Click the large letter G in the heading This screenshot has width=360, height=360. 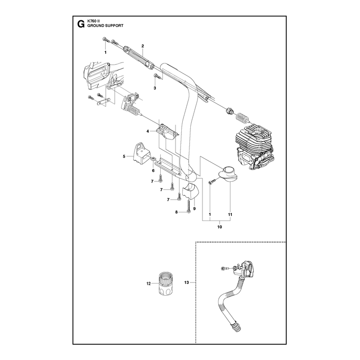81,24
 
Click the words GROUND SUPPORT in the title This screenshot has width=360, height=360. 105,26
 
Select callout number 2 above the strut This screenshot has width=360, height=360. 143,46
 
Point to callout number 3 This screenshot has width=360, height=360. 155,88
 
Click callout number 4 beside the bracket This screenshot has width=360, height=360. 148,131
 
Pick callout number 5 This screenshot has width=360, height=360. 124,156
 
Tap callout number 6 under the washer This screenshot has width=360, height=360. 153,171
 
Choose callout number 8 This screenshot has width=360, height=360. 176,212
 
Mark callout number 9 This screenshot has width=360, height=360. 194,208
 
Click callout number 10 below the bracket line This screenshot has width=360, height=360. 220,227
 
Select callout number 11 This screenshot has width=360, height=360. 230,215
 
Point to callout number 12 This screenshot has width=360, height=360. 148,283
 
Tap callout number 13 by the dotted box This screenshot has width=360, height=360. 186,282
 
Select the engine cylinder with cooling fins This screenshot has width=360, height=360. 254,148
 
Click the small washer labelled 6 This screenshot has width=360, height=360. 153,159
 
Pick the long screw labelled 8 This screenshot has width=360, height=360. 188,206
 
